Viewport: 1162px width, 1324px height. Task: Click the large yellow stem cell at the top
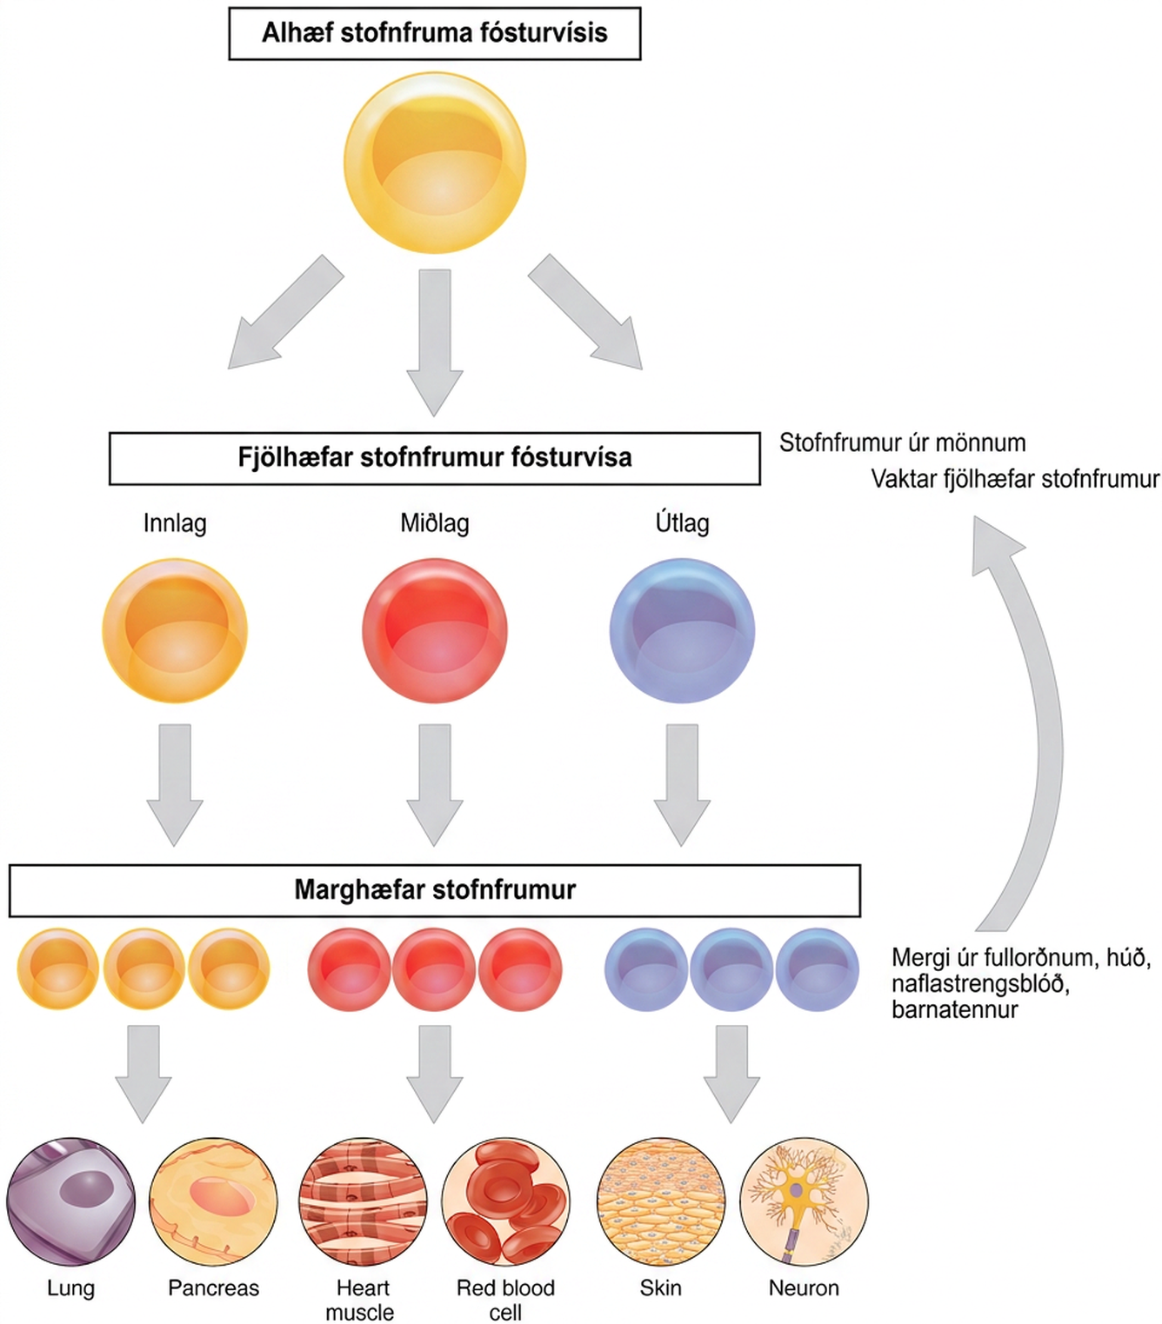[434, 162]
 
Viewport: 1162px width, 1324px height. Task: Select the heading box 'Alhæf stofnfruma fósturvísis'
[434, 33]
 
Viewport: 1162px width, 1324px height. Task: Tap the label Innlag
[175, 522]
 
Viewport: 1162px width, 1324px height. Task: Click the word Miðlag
[434, 522]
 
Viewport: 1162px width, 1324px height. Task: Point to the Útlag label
[682, 522]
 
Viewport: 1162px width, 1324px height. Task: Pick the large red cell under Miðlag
[434, 630]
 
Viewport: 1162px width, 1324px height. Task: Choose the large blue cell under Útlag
[682, 630]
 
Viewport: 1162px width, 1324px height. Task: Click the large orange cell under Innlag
[175, 630]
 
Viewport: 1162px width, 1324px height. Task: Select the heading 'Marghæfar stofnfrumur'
[434, 890]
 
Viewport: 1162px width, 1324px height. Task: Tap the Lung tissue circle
[70, 1201]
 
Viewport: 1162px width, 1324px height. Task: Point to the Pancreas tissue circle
[213, 1201]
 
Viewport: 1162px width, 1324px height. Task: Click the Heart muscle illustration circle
[363, 1201]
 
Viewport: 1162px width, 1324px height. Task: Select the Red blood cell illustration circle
[505, 1201]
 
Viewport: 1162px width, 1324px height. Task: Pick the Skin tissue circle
[661, 1201]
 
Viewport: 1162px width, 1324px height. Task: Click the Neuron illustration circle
[804, 1201]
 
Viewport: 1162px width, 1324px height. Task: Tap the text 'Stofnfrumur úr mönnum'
[903, 443]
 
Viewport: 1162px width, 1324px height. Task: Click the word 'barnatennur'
[955, 1009]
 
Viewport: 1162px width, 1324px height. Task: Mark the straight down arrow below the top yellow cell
[435, 343]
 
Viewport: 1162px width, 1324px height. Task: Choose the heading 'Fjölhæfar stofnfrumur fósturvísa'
[434, 458]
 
